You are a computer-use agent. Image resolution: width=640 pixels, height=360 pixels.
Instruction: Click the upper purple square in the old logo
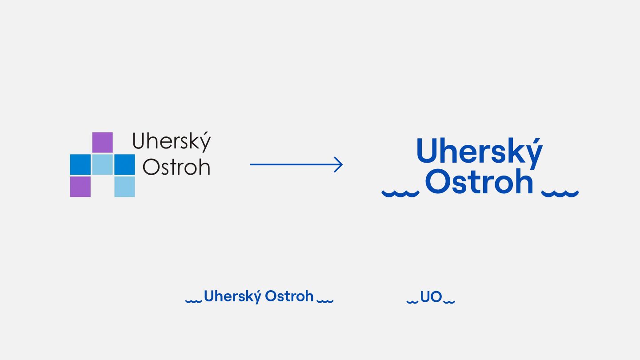(102, 142)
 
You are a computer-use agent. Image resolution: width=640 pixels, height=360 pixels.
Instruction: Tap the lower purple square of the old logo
(80, 186)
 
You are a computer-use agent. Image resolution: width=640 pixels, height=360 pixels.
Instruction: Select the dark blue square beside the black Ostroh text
(124, 164)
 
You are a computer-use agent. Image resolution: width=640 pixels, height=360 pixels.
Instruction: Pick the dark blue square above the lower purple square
(80, 164)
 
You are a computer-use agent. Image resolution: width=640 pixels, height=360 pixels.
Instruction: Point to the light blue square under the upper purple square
(102, 164)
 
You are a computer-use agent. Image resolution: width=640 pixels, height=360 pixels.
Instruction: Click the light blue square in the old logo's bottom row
(124, 186)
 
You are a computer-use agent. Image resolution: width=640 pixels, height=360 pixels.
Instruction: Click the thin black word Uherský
(172, 142)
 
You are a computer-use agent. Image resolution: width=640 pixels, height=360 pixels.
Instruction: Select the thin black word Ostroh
(176, 167)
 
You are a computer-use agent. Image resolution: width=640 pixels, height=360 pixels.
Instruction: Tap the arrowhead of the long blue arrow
(339, 165)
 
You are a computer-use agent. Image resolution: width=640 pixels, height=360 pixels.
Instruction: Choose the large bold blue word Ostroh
(479, 182)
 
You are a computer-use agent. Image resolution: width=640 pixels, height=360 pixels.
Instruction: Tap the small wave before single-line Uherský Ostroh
(193, 301)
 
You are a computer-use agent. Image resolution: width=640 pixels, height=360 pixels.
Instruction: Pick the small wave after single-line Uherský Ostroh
(325, 301)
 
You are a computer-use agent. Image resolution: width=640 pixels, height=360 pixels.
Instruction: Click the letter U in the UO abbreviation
(425, 297)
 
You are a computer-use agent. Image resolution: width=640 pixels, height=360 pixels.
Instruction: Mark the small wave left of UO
(412, 301)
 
